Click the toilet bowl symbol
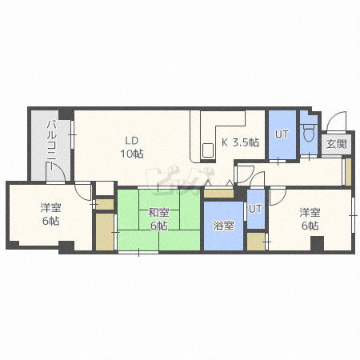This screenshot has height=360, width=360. point(309,133)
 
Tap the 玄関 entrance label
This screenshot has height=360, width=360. point(337,144)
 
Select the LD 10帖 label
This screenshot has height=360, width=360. point(132,147)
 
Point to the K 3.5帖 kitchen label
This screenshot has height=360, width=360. point(240,142)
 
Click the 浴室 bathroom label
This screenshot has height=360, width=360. point(223,226)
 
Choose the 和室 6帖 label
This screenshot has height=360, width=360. point(158,219)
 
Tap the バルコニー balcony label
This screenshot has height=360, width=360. point(51,145)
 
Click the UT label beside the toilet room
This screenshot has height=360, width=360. point(282,134)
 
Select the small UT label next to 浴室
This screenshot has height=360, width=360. point(255,209)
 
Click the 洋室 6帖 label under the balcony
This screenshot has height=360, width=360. point(50,214)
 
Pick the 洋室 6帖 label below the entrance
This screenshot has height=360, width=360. point(310,219)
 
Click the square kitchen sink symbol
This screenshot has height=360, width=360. point(208,150)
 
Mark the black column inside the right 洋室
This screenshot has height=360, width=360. point(317,243)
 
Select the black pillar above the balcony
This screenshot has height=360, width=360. point(66,114)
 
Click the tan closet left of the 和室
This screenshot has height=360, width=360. point(105,232)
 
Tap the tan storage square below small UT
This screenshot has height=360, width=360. point(256,242)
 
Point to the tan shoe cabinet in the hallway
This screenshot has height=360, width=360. point(348,172)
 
